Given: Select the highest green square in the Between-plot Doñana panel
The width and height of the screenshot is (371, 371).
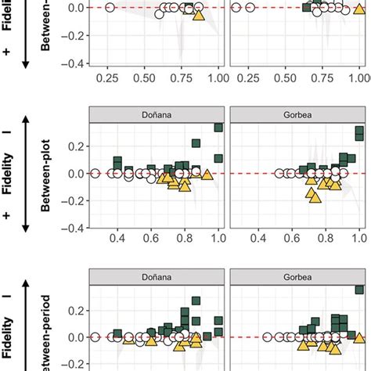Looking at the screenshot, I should tap(218, 128).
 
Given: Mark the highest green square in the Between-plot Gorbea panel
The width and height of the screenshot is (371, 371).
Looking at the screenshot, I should tap(359, 132).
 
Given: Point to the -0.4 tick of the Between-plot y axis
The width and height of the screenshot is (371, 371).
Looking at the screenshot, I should tap(75, 229).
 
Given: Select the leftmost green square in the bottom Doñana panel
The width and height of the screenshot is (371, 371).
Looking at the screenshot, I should tap(117, 333).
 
